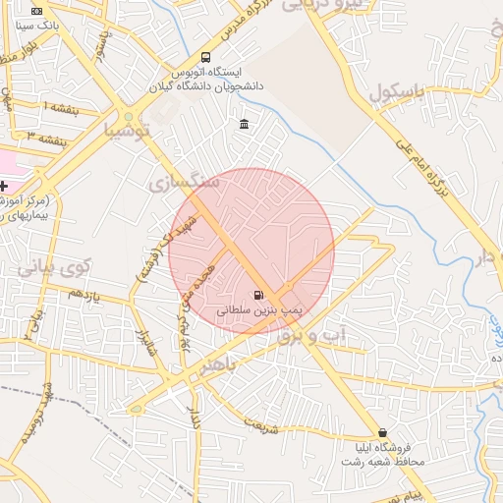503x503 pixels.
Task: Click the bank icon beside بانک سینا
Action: click(37, 10)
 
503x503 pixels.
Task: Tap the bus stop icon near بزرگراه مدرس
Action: click(204, 57)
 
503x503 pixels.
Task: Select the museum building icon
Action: click(244, 124)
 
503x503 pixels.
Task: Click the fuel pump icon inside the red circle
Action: click(258, 294)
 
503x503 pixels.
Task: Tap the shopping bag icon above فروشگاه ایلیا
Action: click(382, 432)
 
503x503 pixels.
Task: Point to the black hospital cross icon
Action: click(5, 186)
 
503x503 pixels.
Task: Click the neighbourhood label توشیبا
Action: click(128, 130)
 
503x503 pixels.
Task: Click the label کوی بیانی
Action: click(54, 265)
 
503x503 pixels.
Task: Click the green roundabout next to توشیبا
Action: click(128, 117)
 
